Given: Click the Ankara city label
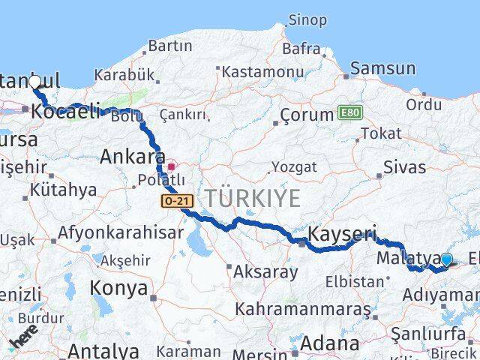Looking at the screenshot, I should pos(133,157).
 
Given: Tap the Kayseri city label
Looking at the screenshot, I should pos(341,233).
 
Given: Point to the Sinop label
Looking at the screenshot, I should pos(307,19).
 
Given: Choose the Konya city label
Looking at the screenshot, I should pos(119,286).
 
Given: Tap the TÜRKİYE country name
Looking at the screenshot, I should pos(253,199).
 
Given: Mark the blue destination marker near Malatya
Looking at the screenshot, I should pos(447,260).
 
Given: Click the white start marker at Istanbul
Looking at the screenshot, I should pos(34,81).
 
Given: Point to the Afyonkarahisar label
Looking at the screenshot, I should pos(121,232).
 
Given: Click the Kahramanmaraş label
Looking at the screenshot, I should pos(303,308).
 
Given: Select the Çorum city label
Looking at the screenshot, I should pos(306,115).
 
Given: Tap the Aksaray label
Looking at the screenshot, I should pos(265,271).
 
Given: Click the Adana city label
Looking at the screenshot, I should pos(329,344).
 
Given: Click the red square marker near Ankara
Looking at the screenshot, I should pos(171,166).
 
